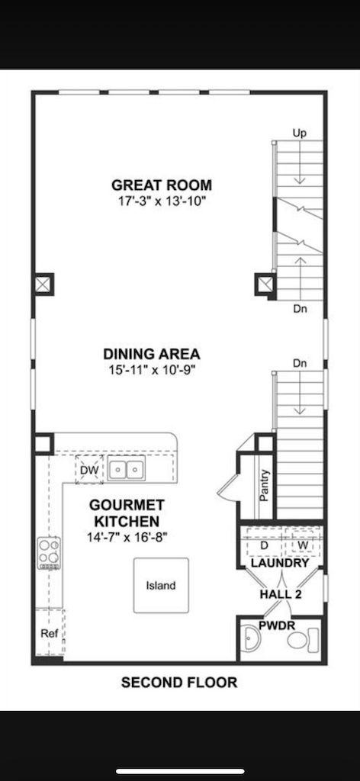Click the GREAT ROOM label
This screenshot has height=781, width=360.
click(162, 185)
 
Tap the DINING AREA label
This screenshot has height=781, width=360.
click(152, 354)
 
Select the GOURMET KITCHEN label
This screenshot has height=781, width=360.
click(127, 513)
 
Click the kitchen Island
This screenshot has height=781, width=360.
click(161, 585)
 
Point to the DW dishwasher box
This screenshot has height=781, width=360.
click(90, 469)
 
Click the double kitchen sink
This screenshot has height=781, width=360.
click(127, 468)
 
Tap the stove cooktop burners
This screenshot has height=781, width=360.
click(50, 552)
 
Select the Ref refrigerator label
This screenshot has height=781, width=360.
click(50, 634)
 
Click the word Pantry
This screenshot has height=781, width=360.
click(265, 485)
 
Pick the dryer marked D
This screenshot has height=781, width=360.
click(265, 545)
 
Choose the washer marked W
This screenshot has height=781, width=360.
click(302, 545)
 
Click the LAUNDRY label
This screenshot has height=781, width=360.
click(280, 564)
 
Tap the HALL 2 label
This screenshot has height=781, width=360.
click(281, 594)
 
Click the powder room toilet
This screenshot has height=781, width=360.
click(304, 640)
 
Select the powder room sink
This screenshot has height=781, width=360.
click(250, 640)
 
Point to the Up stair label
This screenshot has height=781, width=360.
click(299, 133)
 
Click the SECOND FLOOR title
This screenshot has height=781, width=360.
click(179, 683)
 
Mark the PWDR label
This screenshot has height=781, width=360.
click(270, 625)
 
